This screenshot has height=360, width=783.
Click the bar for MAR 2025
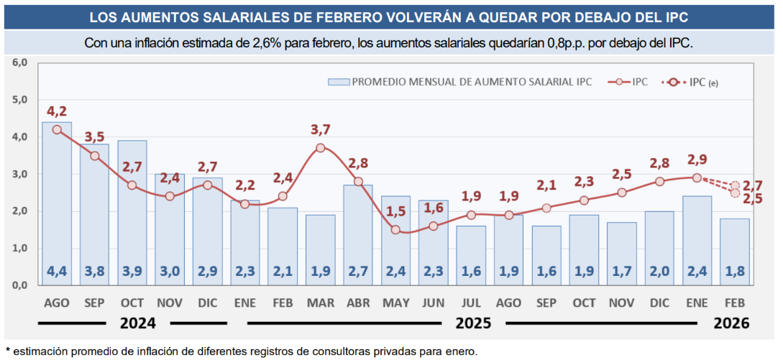pyautogui.click(x=320, y=249)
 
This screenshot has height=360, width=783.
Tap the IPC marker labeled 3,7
pyautogui.click(x=321, y=148)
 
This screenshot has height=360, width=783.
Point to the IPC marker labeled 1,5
pyautogui.click(x=395, y=230)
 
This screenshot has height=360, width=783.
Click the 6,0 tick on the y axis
pyautogui.click(x=19, y=63)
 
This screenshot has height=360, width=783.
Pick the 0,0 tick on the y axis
pyautogui.click(x=19, y=285)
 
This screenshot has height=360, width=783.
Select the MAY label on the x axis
pyautogui.click(x=395, y=303)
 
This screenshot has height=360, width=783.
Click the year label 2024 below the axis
pyautogui.click(x=138, y=323)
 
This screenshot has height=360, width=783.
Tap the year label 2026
pyautogui.click(x=731, y=323)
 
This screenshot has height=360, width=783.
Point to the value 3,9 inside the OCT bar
pyautogui.click(x=132, y=272)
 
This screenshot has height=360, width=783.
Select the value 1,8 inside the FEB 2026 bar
pyautogui.click(x=734, y=272)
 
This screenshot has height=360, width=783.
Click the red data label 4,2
pyautogui.click(x=57, y=112)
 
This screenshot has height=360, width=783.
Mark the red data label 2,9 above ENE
pyautogui.click(x=697, y=160)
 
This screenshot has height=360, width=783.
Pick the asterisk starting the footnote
pyautogui.click(x=8, y=351)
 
